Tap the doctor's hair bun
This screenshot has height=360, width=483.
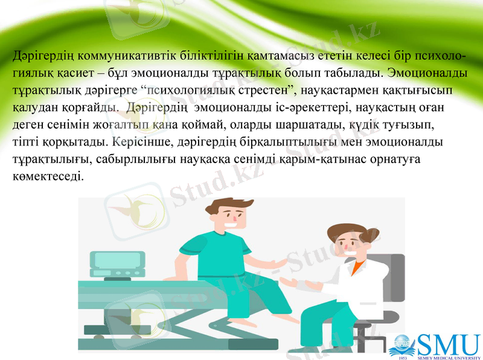[330, 231]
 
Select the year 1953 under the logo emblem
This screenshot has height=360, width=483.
[403, 356]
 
